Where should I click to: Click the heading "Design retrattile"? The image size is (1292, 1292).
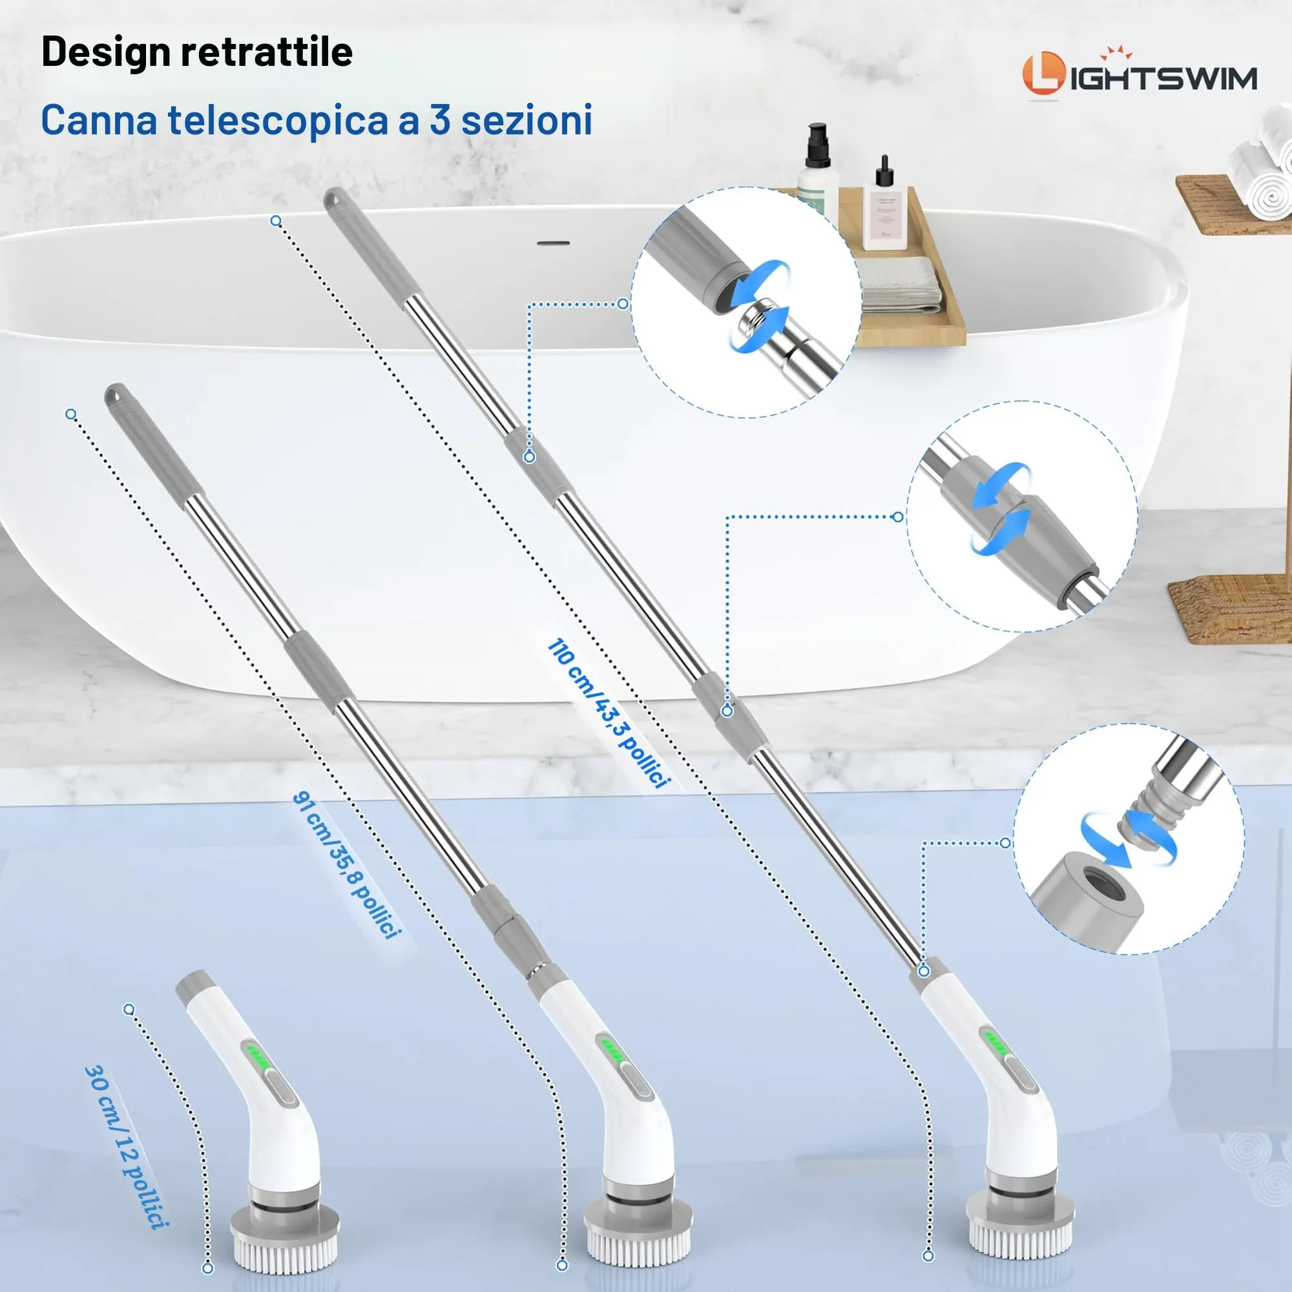point(197,52)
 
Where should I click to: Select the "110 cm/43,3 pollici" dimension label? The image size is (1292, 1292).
point(608,714)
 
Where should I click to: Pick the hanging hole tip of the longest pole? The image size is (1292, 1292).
point(332,198)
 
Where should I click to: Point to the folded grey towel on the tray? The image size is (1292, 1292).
point(899,284)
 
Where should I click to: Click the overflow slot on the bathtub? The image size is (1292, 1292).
point(554,242)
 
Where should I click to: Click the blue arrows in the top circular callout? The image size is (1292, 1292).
point(759,306)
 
